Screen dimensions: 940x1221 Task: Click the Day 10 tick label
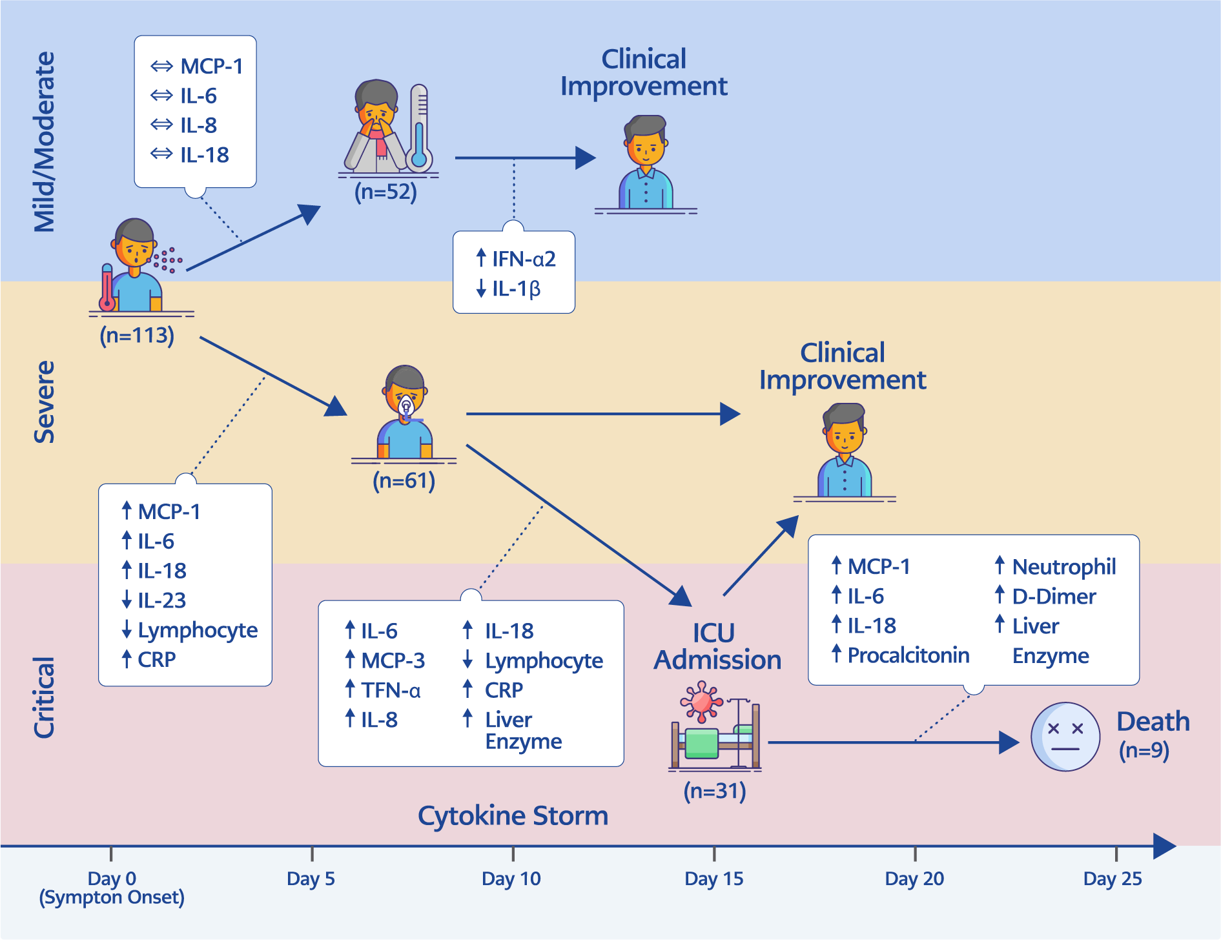pyautogui.click(x=511, y=879)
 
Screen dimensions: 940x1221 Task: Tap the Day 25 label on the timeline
pyautogui.click(x=1112, y=879)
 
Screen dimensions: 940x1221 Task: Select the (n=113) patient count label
pyautogui.click(x=137, y=336)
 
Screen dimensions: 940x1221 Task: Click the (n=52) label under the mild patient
pyautogui.click(x=385, y=192)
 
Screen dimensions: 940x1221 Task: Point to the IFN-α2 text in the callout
pyautogui.click(x=523, y=259)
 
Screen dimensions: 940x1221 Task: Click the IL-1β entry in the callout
pyautogui.click(x=515, y=289)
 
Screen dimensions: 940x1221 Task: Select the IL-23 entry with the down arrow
pyautogui.click(x=161, y=600)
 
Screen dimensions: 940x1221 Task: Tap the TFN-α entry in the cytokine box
pyautogui.click(x=390, y=690)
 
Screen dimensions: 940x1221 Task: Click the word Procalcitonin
pyautogui.click(x=908, y=655)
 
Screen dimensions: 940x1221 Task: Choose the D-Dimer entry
pyautogui.click(x=1053, y=597)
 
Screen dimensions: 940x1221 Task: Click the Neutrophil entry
pyautogui.click(x=1063, y=567)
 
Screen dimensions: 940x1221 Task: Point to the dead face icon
pyautogui.click(x=1065, y=737)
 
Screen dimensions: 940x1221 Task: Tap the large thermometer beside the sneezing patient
pyautogui.click(x=419, y=129)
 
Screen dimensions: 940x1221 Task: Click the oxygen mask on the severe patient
pyautogui.click(x=406, y=407)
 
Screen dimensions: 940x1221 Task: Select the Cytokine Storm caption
pyautogui.click(x=513, y=815)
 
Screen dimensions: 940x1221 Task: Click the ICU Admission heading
pyautogui.click(x=717, y=646)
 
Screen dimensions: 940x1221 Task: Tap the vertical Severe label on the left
pyautogui.click(x=44, y=402)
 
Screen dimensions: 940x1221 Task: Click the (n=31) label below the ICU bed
pyautogui.click(x=715, y=791)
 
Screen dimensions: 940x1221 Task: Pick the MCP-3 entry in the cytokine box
pyautogui.click(x=393, y=660)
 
